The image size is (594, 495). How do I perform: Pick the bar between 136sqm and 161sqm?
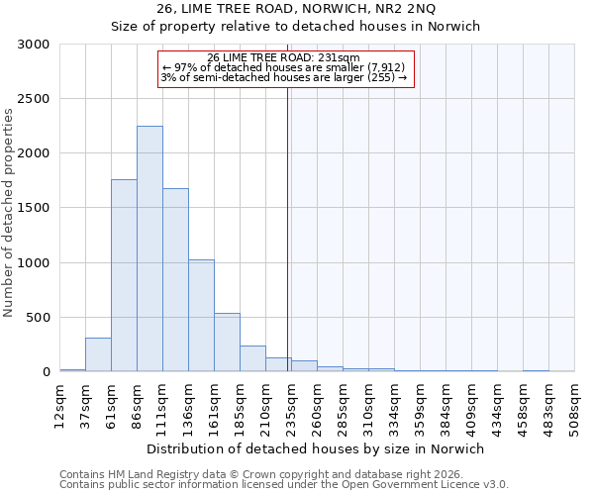point(201,316)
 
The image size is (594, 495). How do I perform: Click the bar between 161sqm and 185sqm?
point(227,343)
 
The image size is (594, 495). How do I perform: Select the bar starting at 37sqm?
point(98,354)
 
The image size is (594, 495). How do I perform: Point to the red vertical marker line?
point(287,228)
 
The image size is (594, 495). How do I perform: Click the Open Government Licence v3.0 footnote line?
point(284,485)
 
